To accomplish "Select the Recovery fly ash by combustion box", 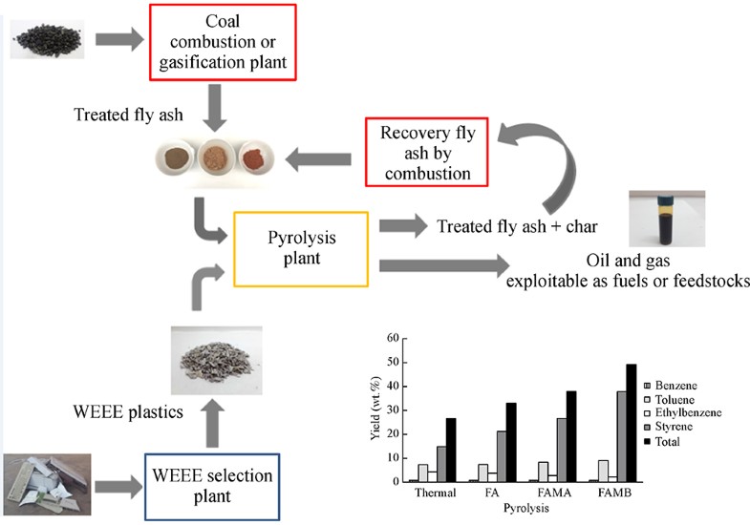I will point(426,152).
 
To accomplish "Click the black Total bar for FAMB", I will point(630,422).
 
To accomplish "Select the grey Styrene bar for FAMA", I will point(561,449).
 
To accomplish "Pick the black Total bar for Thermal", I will point(450,449).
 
